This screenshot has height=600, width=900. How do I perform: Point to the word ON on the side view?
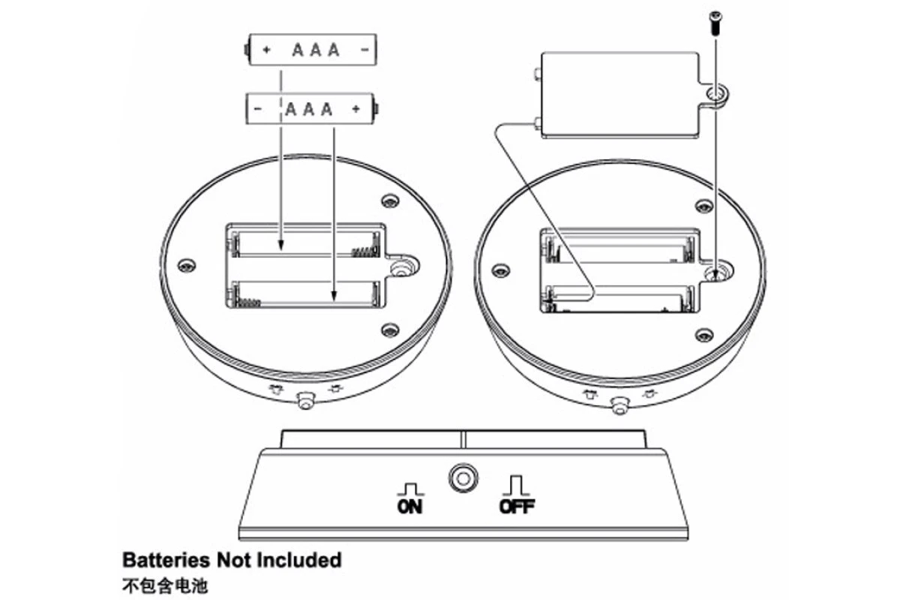coord(410,506)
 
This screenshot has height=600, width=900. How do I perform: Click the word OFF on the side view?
coord(517,506)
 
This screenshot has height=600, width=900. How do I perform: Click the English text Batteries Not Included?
coord(232,559)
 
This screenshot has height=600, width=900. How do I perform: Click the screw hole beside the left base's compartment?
coord(403,265)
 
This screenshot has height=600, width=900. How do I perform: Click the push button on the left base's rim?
coord(305,401)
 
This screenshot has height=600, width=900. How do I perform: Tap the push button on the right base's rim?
coord(619,406)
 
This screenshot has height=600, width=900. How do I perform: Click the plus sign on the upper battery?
coord(266,51)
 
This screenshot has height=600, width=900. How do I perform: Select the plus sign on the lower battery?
coord(355,109)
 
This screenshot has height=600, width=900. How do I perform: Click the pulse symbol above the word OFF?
coord(515,484)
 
